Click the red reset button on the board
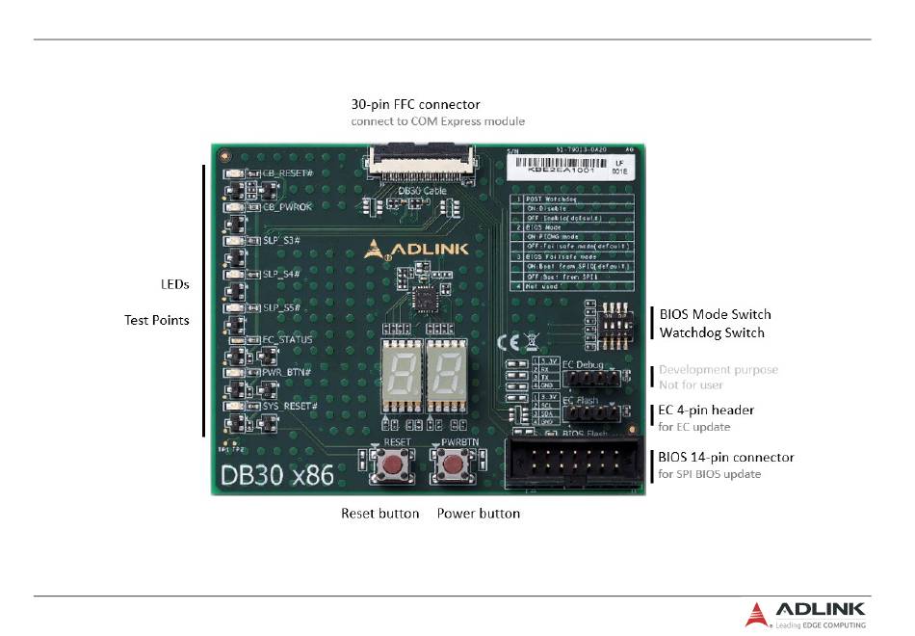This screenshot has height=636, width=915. [x=393, y=466]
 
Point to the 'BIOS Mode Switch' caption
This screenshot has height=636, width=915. [x=715, y=314]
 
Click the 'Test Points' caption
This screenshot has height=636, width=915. [x=157, y=319]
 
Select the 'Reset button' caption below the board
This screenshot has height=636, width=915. [x=379, y=514]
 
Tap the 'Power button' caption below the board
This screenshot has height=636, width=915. [x=479, y=514]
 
